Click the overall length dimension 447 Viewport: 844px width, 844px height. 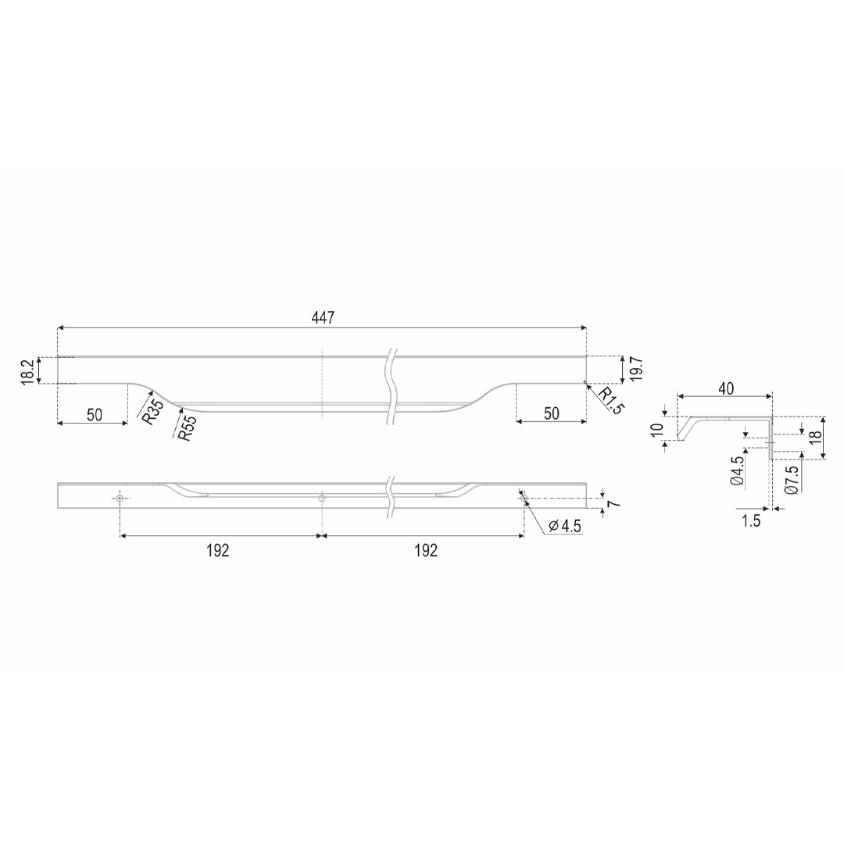(x=323, y=317)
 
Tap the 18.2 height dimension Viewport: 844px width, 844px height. (x=29, y=371)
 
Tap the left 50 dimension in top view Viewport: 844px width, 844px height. (x=95, y=414)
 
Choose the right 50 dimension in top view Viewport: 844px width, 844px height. (x=552, y=413)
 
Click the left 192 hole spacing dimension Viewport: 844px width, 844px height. (x=218, y=550)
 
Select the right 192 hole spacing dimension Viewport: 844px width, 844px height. (x=426, y=550)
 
